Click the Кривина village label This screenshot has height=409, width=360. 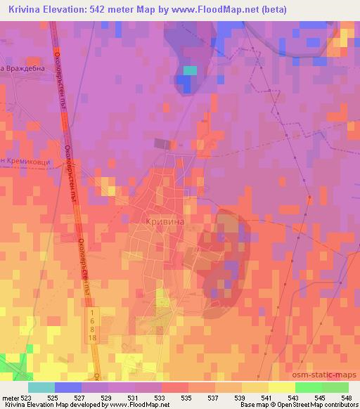coord(165,221)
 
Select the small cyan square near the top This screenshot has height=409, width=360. coord(190,70)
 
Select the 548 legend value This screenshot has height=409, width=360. coord(346,397)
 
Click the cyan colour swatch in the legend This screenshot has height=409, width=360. coord(41,387)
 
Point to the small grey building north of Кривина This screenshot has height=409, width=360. coord(162,143)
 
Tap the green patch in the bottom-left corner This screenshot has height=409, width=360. coord(12,363)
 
